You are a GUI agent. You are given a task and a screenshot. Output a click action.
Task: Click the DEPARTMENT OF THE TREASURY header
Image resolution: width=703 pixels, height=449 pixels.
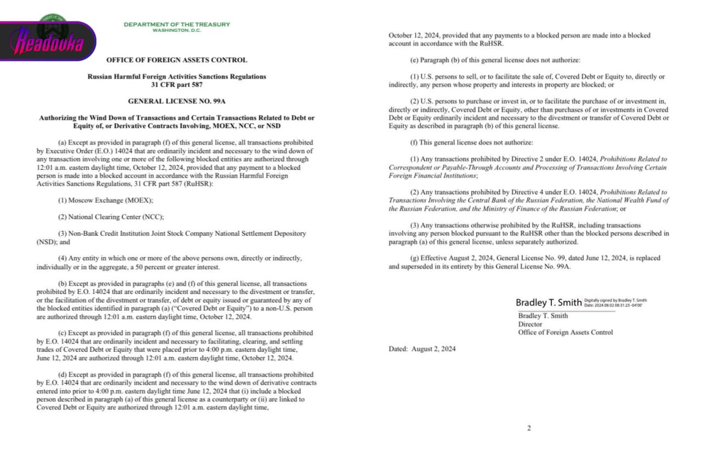(x=177, y=24)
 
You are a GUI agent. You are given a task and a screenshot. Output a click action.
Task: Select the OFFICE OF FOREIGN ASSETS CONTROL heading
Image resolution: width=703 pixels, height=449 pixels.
(x=176, y=60)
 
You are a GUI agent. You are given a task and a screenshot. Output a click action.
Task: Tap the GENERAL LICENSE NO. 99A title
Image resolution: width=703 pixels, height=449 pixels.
(x=176, y=102)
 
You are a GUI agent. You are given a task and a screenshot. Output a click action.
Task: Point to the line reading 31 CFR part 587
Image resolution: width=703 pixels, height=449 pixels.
(x=176, y=85)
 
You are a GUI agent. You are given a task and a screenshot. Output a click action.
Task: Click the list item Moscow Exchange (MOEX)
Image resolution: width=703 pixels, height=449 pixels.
(x=106, y=201)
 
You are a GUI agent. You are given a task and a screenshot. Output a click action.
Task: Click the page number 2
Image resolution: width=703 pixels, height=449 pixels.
(x=528, y=429)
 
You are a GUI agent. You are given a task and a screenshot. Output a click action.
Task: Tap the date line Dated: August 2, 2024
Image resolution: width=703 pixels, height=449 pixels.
(x=422, y=349)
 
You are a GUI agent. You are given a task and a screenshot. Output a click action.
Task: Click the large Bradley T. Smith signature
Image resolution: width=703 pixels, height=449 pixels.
(x=548, y=303)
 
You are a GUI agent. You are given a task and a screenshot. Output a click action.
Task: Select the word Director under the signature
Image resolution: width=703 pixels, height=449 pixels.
(x=530, y=324)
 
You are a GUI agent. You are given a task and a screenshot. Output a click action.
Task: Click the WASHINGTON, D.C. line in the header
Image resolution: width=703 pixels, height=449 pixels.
(x=177, y=30)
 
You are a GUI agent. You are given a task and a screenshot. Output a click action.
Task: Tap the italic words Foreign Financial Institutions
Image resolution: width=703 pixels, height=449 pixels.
(x=433, y=176)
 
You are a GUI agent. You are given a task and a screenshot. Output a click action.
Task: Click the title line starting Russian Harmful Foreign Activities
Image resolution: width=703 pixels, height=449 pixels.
(x=176, y=77)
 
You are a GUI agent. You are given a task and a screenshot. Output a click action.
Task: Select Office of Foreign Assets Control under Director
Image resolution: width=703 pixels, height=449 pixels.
(x=565, y=332)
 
